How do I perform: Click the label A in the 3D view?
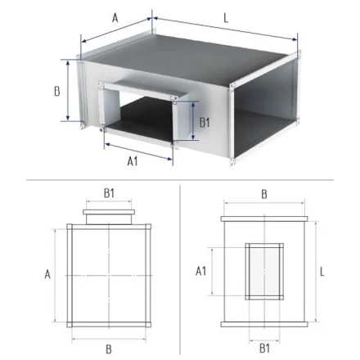coord(115,18)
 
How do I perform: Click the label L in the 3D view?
coord(226,18)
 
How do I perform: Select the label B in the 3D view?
coord(57,91)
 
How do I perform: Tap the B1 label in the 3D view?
coord(205,123)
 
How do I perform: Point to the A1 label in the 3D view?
coord(133,161)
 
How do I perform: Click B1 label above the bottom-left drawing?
coord(109,193)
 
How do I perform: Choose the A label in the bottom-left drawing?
coord(47,274)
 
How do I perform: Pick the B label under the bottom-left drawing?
coord(109,349)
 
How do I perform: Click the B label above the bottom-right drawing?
coord(264,195)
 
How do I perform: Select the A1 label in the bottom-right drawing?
coord(201,271)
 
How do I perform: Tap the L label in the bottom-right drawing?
coord(322,272)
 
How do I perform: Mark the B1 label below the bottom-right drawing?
coord(264,349)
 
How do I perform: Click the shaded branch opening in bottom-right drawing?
coord(264,272)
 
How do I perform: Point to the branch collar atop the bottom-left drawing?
coord(109,217)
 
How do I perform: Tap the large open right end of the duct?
coord(263,109)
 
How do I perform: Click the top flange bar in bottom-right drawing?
coord(264,218)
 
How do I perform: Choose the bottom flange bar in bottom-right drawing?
coord(264,324)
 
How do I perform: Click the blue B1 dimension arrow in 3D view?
coord(193,120)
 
